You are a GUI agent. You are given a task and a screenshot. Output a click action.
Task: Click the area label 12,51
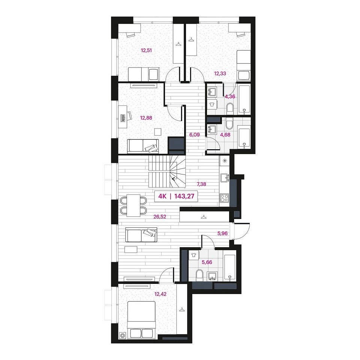(x=147, y=50)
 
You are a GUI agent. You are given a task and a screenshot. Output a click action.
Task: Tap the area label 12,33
(x=220, y=73)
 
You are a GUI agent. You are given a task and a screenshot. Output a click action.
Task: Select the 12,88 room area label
(x=146, y=118)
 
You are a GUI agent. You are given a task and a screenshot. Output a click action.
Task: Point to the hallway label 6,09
(x=194, y=135)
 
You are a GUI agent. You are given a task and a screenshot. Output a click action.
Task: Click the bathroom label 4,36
(x=230, y=97)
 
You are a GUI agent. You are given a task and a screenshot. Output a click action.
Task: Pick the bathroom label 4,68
(x=225, y=135)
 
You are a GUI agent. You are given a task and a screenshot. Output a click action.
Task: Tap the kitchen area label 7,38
(x=201, y=184)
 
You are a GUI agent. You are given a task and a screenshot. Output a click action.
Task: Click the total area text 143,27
(x=184, y=196)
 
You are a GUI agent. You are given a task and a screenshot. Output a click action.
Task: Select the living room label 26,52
(x=160, y=216)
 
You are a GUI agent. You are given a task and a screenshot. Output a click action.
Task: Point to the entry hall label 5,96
(x=222, y=234)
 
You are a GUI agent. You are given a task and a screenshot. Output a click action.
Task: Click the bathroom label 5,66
(x=207, y=262)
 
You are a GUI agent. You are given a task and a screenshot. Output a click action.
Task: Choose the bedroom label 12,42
(x=160, y=294)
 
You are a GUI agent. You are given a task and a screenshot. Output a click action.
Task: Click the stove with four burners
(x=224, y=198)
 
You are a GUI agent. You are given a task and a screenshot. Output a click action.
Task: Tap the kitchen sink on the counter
(x=224, y=178)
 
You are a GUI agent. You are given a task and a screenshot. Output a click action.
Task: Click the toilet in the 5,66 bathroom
(x=199, y=274)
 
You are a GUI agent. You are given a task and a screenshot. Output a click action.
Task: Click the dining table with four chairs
(x=133, y=205)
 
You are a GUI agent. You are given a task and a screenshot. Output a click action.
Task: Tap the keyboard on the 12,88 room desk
(x=123, y=118)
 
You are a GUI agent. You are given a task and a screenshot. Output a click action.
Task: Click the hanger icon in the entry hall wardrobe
(x=203, y=217)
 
